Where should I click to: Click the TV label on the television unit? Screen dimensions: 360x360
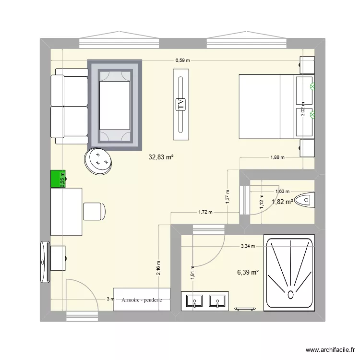[181, 104]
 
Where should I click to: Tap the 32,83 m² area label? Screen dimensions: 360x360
[162, 156]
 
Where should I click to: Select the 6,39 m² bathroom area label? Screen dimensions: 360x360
[248, 273]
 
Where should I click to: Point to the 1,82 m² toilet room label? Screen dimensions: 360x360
[282, 202]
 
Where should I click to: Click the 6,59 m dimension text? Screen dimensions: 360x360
[182, 60]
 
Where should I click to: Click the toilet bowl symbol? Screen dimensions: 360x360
[305, 199]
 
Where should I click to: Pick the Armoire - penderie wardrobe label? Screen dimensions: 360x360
[142, 300]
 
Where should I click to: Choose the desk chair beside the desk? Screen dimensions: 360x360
[94, 211]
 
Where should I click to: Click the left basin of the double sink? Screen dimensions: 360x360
[194, 301]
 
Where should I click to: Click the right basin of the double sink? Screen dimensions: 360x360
[217, 301]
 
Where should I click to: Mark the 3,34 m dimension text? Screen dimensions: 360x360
[248, 246]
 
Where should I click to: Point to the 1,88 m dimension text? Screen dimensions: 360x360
[277, 157]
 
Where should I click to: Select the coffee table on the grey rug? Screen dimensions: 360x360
[115, 105]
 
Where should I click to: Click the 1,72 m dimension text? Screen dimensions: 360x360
[205, 212]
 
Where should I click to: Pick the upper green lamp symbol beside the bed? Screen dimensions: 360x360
[312, 87]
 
